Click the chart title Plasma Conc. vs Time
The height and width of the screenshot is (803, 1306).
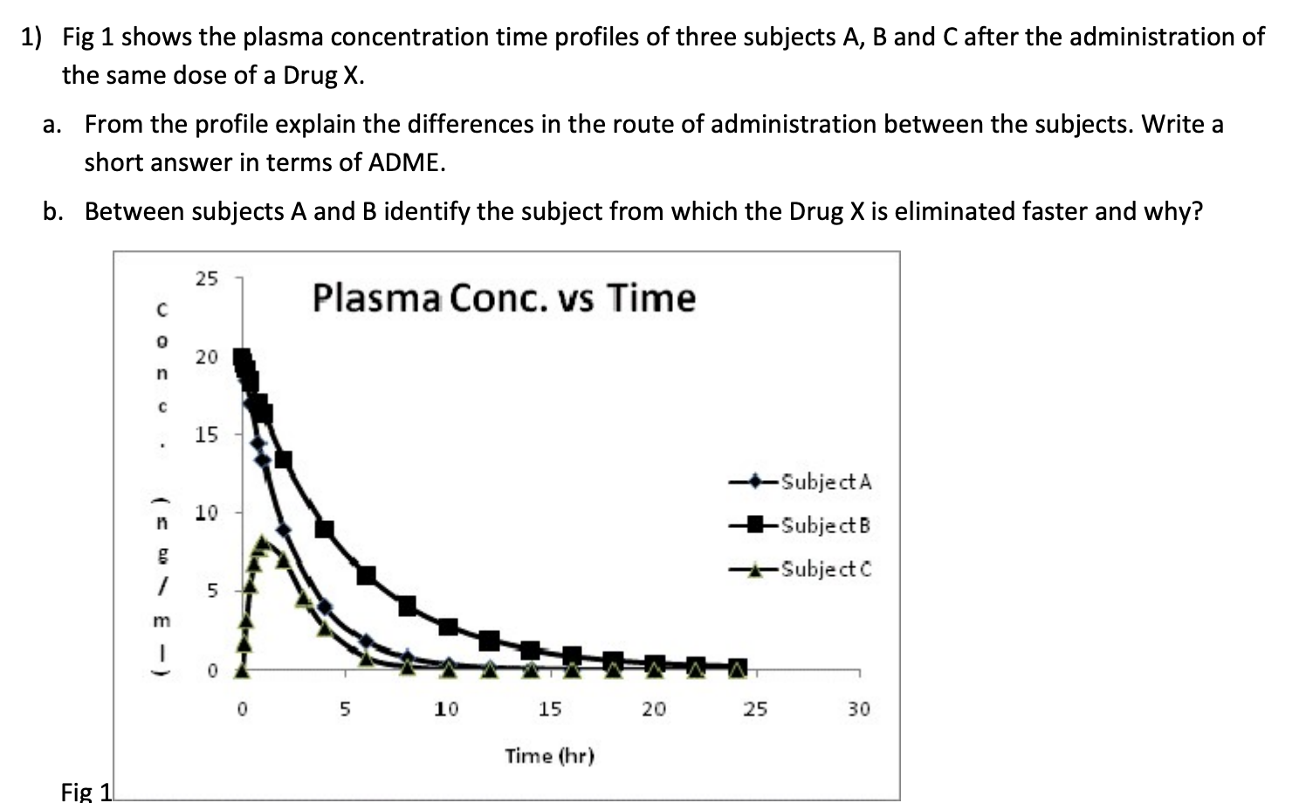pyautogui.click(x=504, y=299)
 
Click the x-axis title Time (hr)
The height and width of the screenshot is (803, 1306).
pyautogui.click(x=549, y=756)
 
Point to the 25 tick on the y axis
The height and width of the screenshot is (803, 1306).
pyautogui.click(x=207, y=279)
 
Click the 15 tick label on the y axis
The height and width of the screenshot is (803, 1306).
pyautogui.click(x=207, y=435)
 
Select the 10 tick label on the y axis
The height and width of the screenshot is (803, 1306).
pyautogui.click(x=207, y=512)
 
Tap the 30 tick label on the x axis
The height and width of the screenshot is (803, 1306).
pyautogui.click(x=858, y=710)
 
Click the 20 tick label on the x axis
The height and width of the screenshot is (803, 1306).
pyautogui.click(x=653, y=710)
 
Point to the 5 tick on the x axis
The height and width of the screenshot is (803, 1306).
pyautogui.click(x=345, y=710)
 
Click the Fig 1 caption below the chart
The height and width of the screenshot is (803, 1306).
pyautogui.click(x=86, y=792)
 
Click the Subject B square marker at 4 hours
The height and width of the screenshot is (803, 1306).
pyautogui.click(x=325, y=529)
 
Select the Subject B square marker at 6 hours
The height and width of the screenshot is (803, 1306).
pyautogui.click(x=367, y=575)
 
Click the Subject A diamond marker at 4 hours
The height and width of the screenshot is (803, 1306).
pyautogui.click(x=325, y=607)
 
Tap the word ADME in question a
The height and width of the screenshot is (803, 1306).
pyautogui.click(x=406, y=163)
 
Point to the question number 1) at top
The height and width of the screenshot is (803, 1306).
pyautogui.click(x=32, y=38)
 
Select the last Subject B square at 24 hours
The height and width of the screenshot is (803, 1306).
pyautogui.click(x=738, y=668)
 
